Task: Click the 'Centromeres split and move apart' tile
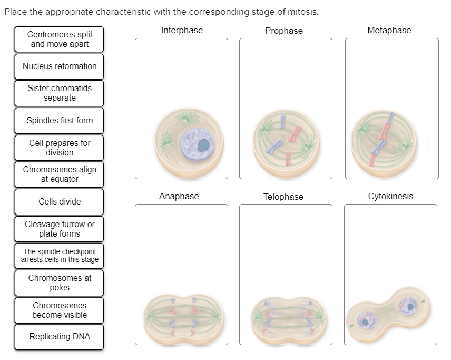[60, 40]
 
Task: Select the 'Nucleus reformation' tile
[60, 66]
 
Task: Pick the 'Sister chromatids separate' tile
[60, 93]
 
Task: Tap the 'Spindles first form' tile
[60, 121]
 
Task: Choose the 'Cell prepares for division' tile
[60, 148]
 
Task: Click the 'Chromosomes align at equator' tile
[60, 174]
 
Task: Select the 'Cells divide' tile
[60, 202]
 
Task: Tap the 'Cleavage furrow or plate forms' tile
[60, 229]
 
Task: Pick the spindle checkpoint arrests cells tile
[60, 256]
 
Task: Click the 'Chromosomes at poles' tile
[60, 283]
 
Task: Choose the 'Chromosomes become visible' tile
[60, 310]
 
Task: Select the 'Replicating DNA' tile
[60, 337]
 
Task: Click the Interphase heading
[182, 31]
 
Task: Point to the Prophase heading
[284, 31]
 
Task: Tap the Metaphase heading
[389, 31]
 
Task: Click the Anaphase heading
[179, 197]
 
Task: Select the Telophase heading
[283, 197]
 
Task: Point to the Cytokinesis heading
[390, 197]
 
